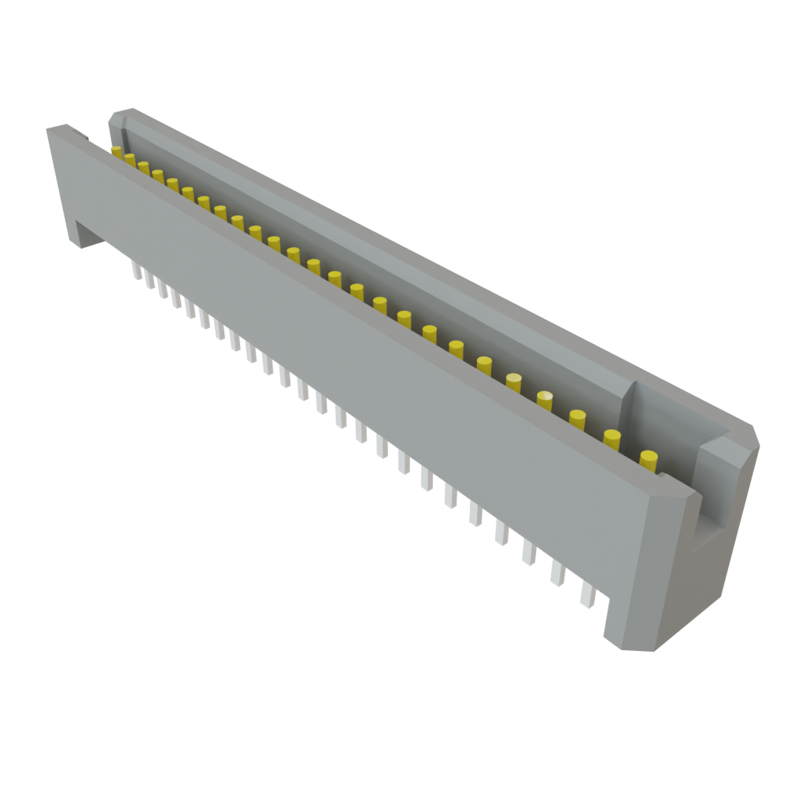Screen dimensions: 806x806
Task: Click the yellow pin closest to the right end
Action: pos(649,460)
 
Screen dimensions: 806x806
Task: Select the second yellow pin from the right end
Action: pos(612,438)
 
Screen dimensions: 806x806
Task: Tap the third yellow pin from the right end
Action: pos(578,419)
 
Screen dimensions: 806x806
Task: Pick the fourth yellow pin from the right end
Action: pos(545,400)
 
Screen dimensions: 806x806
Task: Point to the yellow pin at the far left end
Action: pos(116,151)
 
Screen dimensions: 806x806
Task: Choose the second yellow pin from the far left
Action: pos(130,159)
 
